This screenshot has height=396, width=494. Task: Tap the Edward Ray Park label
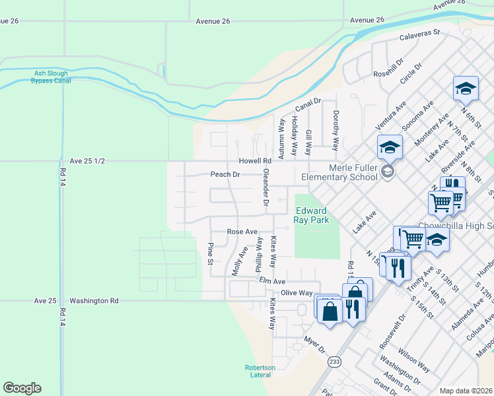312,215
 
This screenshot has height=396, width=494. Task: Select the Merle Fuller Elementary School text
339,172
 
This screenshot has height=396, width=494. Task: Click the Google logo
22,388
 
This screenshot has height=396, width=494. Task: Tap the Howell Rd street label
256,161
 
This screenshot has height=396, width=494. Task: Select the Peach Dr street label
225,175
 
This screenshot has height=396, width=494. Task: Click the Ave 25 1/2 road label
87,161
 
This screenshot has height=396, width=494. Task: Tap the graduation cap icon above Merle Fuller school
390,147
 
